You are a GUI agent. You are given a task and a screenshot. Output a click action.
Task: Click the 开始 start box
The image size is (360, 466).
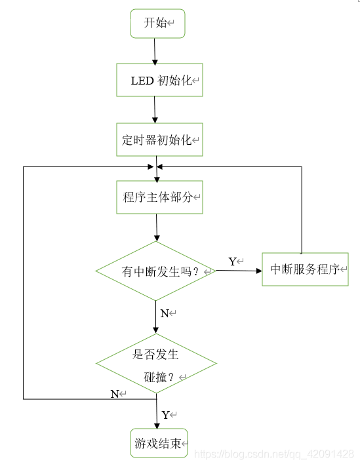[157, 24]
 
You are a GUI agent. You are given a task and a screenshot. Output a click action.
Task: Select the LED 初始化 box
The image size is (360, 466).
[159, 80]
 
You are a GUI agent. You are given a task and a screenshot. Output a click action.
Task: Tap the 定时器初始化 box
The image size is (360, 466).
[159, 140]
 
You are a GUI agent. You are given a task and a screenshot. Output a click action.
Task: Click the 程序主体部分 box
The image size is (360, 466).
[159, 197]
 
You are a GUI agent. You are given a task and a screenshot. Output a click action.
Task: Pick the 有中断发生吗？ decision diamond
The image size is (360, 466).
[156, 271]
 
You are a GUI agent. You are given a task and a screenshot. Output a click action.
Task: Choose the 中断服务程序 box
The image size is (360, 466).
[305, 269]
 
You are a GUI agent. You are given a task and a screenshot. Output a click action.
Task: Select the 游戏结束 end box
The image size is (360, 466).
[159, 444]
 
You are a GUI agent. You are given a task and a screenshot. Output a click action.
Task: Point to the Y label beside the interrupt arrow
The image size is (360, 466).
[232, 262]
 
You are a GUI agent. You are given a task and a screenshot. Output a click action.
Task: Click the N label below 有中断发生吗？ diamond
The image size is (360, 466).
[165, 313]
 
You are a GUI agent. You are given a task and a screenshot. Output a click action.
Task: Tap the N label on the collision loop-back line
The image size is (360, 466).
[115, 393]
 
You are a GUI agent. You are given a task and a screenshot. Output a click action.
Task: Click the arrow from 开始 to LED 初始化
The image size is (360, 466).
[155, 51]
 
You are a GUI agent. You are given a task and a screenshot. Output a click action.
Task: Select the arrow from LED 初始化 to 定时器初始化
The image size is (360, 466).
[155, 109]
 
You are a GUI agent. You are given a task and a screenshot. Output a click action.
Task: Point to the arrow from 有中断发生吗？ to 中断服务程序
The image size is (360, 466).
[239, 269]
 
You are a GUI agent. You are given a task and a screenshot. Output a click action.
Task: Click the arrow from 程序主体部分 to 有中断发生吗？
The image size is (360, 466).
[157, 227]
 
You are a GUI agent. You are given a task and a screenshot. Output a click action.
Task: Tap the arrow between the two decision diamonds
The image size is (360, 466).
[156, 318]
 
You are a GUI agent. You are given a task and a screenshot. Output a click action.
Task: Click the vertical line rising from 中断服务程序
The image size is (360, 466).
[302, 210]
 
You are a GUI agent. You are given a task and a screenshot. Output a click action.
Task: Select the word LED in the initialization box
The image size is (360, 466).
[142, 81]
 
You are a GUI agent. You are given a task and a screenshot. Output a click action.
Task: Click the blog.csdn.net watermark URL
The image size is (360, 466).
[275, 454]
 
